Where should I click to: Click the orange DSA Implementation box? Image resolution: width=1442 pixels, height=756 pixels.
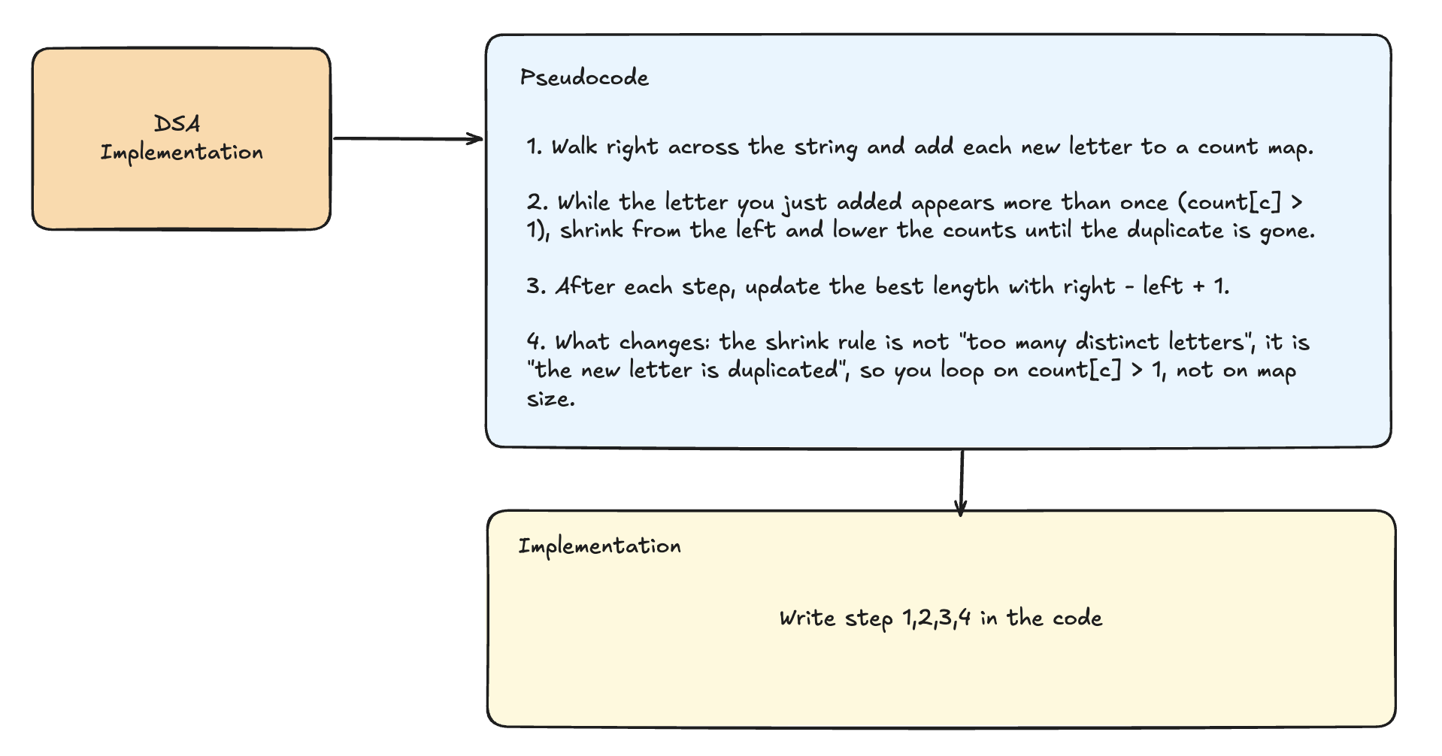pyautogui.click(x=181, y=139)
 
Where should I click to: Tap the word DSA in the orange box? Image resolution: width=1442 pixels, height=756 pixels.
pyautogui.click(x=177, y=124)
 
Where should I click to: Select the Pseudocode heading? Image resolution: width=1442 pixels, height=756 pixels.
pyautogui.click(x=584, y=77)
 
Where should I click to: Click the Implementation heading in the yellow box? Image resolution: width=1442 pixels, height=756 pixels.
pyautogui.click(x=599, y=546)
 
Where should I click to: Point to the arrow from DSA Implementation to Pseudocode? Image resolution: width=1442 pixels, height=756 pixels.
pyautogui.click(x=408, y=138)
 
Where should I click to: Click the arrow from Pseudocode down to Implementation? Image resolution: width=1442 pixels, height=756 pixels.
pyautogui.click(x=961, y=482)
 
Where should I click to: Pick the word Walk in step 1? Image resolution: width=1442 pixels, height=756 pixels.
pyautogui.click(x=574, y=147)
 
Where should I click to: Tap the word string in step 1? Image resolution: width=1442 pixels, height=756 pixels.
pyautogui.click(x=825, y=147)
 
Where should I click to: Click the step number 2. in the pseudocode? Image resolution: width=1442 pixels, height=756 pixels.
pyautogui.click(x=538, y=203)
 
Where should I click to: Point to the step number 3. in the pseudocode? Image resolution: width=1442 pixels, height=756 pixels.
pyautogui.click(x=537, y=287)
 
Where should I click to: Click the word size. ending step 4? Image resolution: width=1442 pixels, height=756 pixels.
pyautogui.click(x=551, y=399)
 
